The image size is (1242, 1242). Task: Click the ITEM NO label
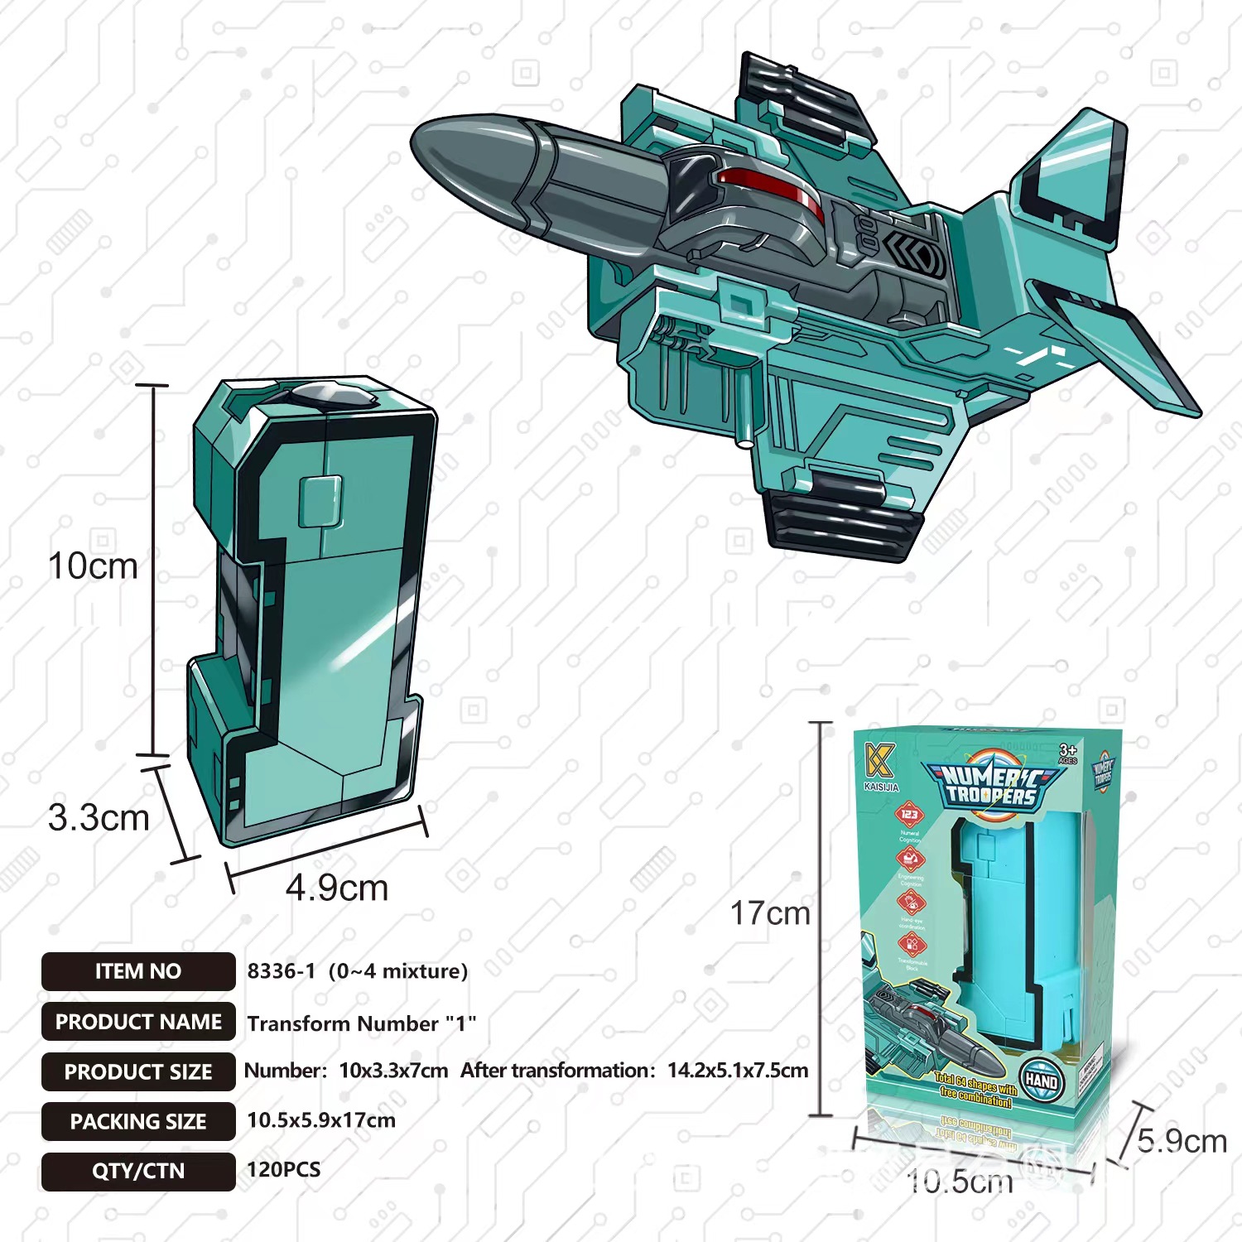click(x=137, y=971)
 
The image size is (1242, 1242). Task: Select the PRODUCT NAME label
click(x=138, y=1022)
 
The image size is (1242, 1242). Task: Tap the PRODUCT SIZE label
click(x=138, y=1071)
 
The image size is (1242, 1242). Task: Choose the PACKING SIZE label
click(x=138, y=1121)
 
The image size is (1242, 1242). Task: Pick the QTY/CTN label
click(x=138, y=1171)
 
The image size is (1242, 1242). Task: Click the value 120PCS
click(x=283, y=1169)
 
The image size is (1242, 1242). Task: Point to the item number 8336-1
click(x=281, y=970)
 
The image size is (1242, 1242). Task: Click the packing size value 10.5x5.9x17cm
click(x=321, y=1120)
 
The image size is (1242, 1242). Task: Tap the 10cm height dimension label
click(x=93, y=566)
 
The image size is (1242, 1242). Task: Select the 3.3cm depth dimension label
click(x=99, y=818)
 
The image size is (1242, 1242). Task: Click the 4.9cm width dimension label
click(x=337, y=888)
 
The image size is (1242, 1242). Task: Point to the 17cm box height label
click(x=769, y=913)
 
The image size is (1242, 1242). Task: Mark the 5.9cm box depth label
click(x=1182, y=1141)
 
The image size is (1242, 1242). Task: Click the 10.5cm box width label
click(x=960, y=1182)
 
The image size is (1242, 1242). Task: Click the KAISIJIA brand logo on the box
click(x=880, y=766)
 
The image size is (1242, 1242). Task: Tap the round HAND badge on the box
click(x=1041, y=1081)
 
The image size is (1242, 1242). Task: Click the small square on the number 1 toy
click(x=320, y=501)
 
